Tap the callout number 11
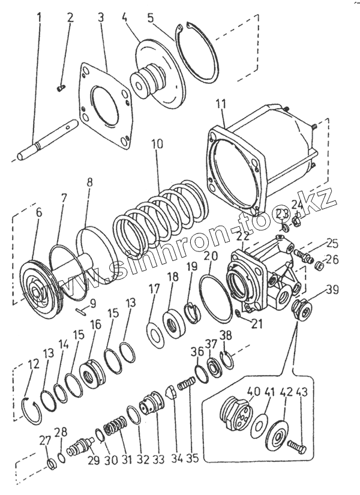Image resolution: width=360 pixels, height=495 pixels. pos(221,103)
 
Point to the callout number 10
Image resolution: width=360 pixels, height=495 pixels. pos(157,145)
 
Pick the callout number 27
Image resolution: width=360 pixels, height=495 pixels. pos(45,440)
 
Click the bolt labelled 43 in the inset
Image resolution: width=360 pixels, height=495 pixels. pos(298,446)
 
